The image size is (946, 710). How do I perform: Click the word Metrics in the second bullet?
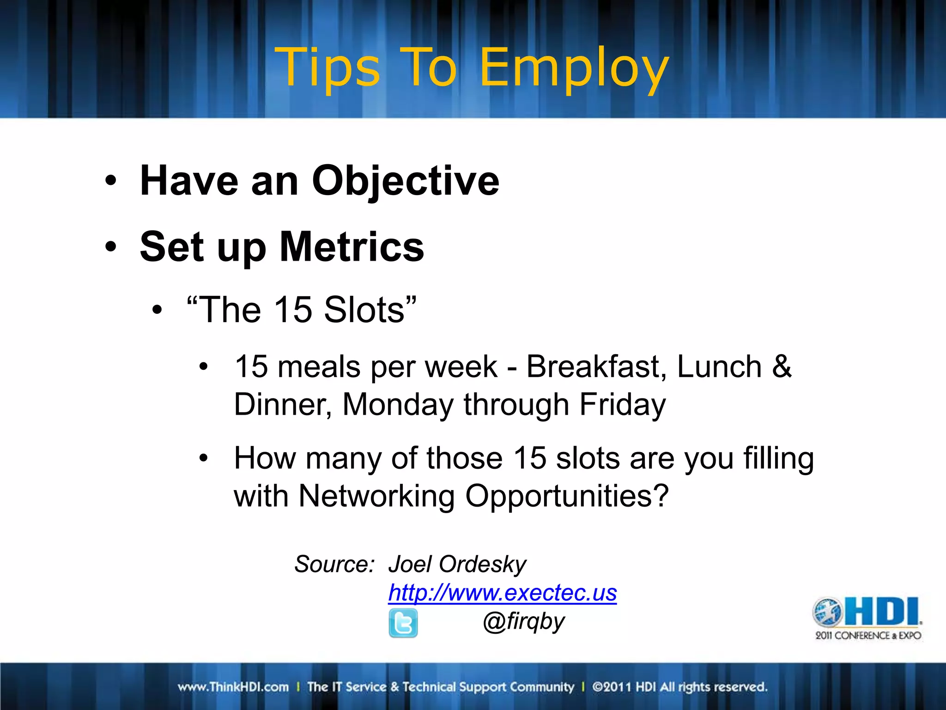click(352, 247)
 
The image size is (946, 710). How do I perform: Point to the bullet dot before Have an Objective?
click(110, 181)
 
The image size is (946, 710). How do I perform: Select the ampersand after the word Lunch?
click(782, 367)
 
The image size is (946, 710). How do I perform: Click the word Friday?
click(622, 405)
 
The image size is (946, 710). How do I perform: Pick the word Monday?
click(398, 405)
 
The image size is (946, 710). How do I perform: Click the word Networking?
click(376, 496)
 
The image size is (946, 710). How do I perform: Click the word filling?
click(778, 459)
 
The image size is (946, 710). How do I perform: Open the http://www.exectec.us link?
click(502, 593)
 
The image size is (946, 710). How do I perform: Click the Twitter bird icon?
click(403, 623)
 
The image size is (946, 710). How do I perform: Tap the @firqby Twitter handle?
click(523, 622)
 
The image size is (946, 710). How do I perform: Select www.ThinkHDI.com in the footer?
click(233, 687)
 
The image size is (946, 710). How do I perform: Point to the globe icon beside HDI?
click(827, 612)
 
